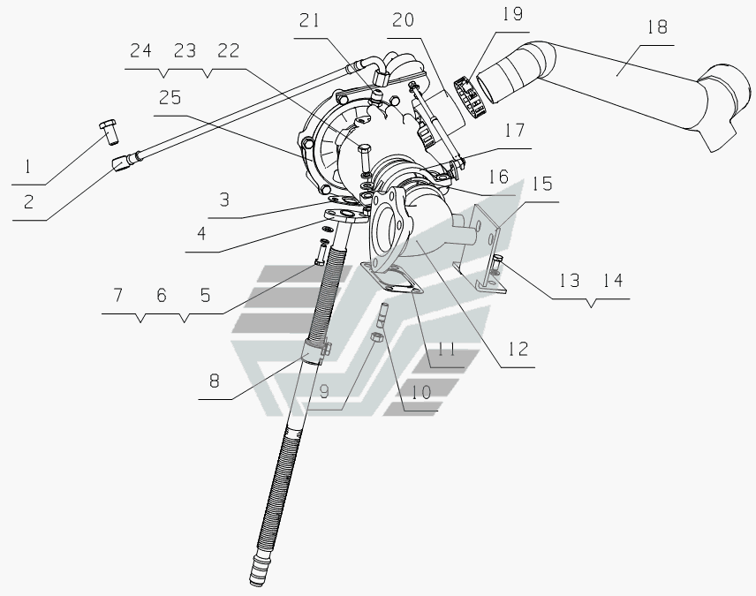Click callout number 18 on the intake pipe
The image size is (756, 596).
click(657, 27)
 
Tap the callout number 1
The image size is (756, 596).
click(27, 168)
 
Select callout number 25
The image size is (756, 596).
click(170, 98)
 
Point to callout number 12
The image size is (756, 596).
click(518, 349)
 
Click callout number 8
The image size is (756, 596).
click(215, 381)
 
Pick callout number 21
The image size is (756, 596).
click(309, 20)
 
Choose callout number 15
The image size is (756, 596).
click(542, 184)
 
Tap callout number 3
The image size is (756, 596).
click(224, 200)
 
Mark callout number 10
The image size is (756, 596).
click(421, 393)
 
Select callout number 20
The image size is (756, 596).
click(403, 20)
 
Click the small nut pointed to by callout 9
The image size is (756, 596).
click(376, 336)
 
